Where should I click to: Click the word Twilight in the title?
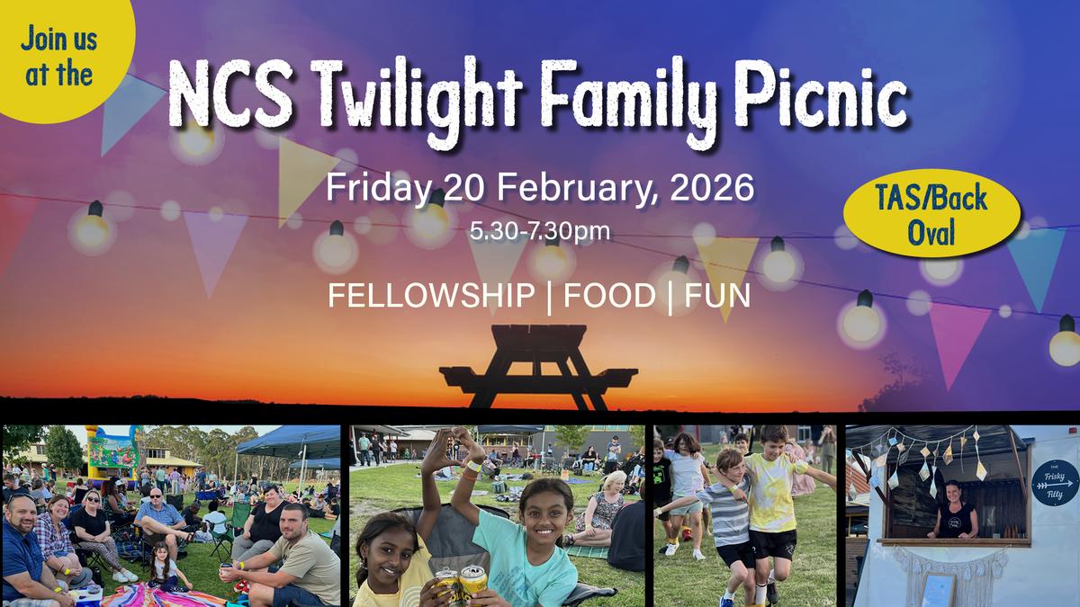(417, 98)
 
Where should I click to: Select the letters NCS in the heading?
(230, 94)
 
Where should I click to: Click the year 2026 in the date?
(712, 188)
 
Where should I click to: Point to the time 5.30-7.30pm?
(540, 231)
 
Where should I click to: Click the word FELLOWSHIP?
(431, 295)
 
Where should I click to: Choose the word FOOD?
(609, 295)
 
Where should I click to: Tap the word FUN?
(717, 295)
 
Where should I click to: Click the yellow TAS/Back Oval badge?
(931, 213)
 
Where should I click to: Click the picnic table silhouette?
(538, 367)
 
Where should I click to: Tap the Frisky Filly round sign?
(1055, 483)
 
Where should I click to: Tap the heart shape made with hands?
(452, 450)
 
